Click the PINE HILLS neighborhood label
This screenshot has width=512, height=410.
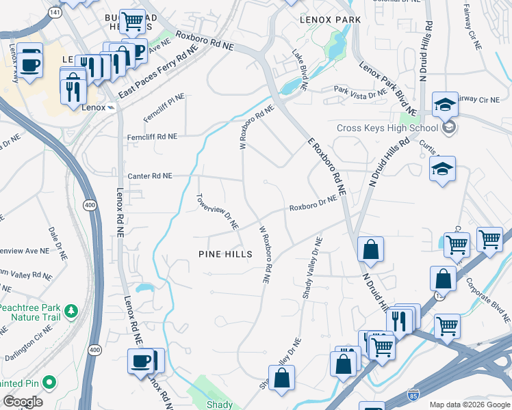point(225,254)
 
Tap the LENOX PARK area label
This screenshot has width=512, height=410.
point(330,20)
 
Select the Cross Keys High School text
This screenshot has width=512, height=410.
point(387,128)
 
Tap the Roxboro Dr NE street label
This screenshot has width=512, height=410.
point(313,203)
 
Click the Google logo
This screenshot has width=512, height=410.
point(22,402)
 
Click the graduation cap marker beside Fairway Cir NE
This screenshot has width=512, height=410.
point(445,103)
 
